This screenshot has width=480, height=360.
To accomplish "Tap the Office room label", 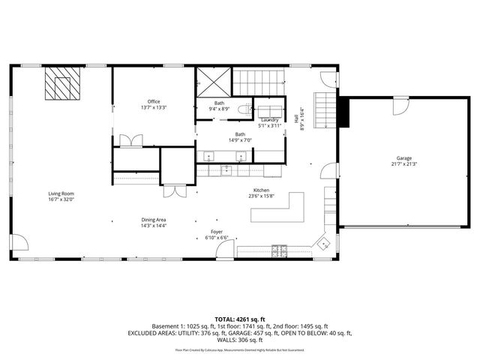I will tap(154, 101).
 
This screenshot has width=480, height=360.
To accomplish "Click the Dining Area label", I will tap(154, 220).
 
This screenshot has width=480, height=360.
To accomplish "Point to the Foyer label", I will tap(216, 232).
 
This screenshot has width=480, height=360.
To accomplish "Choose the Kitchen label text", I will tap(260, 190).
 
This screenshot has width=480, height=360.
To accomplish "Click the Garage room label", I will tap(404, 159).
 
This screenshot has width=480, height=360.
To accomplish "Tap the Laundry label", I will tap(269, 120).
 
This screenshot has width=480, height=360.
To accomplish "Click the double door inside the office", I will tap(133, 140).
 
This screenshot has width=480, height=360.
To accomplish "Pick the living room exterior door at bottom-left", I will tap(22, 245).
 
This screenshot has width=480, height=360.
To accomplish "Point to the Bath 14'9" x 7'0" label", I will tap(240, 137).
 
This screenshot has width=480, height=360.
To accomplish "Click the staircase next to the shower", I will tap(259, 78).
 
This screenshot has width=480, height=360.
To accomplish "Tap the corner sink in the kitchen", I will tap(323, 243).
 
